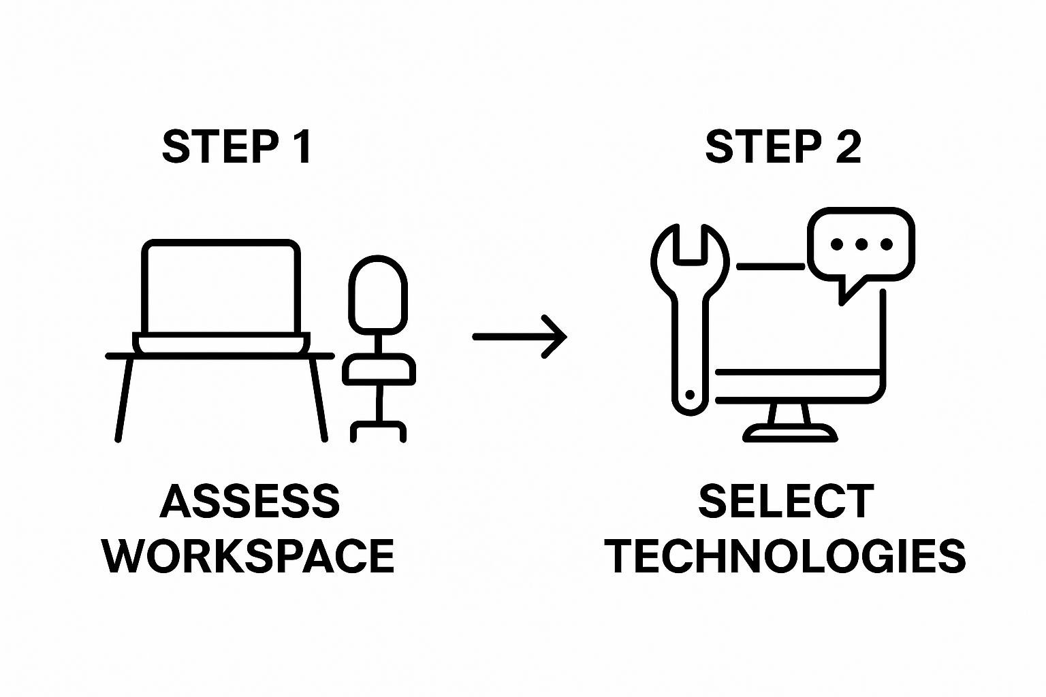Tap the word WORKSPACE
[249, 556]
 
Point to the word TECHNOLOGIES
[786, 556]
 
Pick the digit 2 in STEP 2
[848, 146]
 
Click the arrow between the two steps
[520, 336]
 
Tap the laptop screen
[221, 287]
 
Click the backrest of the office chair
[378, 294]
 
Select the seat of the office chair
[379, 370]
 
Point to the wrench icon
[691, 313]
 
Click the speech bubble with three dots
[861, 245]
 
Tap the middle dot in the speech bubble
[861, 244]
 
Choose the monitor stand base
[790, 433]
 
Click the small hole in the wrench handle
[690, 395]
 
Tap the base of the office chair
[379, 429]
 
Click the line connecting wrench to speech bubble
[771, 266]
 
